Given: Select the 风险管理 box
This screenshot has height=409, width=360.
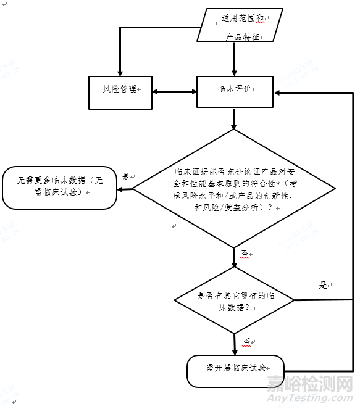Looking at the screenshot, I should coord(120,92).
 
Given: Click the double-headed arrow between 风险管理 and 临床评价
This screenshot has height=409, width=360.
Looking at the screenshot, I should coord(174,93).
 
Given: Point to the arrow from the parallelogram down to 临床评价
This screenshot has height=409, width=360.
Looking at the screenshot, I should coord(234,59).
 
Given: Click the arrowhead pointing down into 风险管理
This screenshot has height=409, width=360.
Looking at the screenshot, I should coord(120,70).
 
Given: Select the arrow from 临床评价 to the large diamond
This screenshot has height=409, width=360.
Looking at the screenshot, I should coord(234,118).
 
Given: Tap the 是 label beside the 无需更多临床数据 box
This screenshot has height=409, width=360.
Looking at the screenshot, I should coord(126,176).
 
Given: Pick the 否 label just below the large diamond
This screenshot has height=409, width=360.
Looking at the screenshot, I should coord(244,254).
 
